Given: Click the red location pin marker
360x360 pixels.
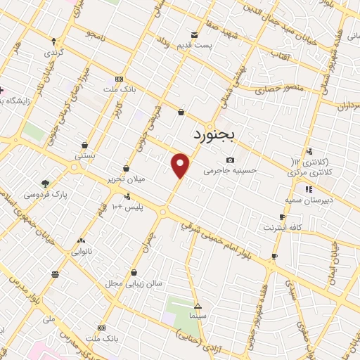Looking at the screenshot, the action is pyautogui.click(x=181, y=165).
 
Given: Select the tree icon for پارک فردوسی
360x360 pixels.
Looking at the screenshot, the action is pyautogui.click(x=46, y=184).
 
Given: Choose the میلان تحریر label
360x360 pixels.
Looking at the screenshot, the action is pyautogui.click(x=126, y=179).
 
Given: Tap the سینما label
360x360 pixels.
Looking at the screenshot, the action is pyautogui.click(x=198, y=316).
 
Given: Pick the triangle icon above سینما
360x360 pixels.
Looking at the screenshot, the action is pyautogui.click(x=198, y=306).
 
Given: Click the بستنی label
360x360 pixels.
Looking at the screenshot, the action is pyautogui.click(x=85, y=155).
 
